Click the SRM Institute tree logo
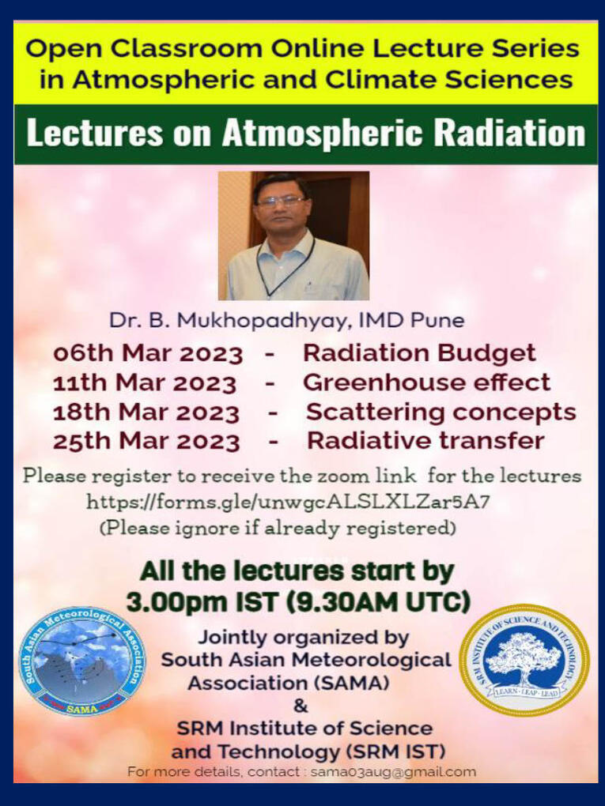(524, 660)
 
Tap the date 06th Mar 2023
(148, 354)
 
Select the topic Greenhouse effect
(426, 383)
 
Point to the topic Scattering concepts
(441, 412)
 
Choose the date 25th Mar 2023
(146, 442)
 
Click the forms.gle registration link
(288, 502)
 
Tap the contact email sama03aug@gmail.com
(394, 771)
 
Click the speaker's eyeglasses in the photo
(281, 201)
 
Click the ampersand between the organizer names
(301, 706)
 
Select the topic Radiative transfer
(426, 442)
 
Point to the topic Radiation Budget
(419, 354)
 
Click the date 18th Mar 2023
(146, 412)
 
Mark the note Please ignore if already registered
(278, 528)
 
